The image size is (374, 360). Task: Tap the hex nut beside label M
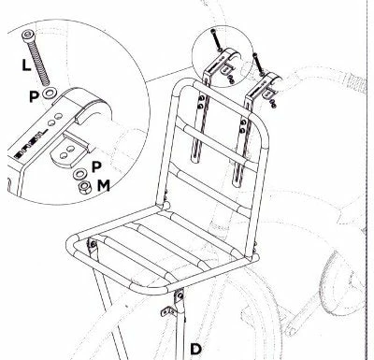85,185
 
